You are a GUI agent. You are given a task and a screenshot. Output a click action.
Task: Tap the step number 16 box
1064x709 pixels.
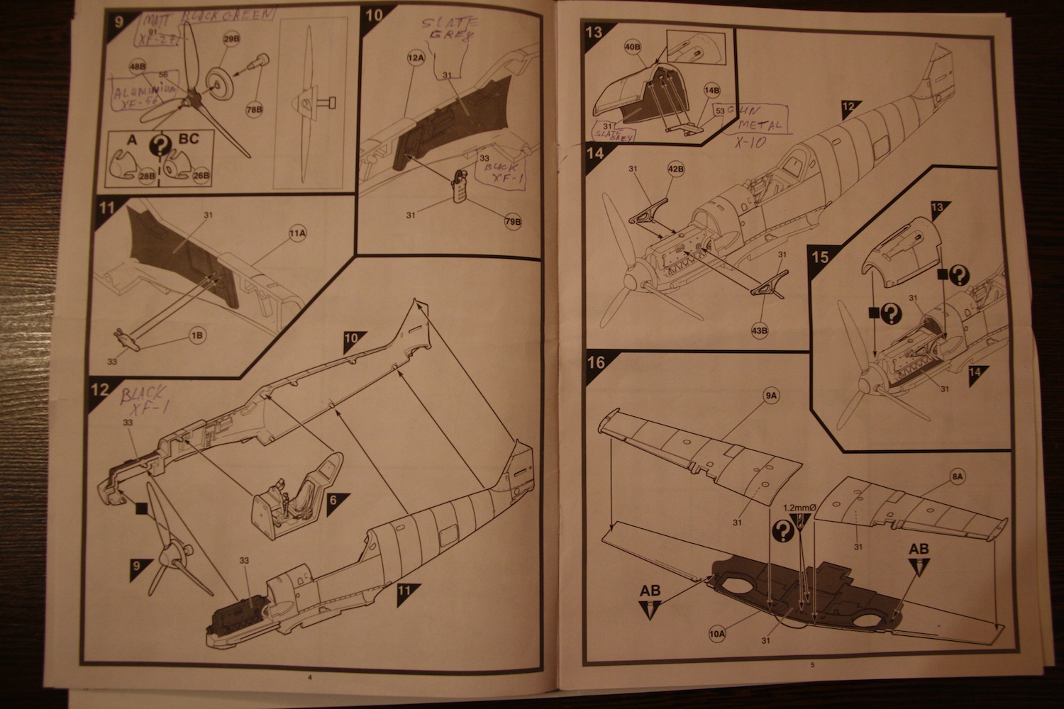(x=596, y=363)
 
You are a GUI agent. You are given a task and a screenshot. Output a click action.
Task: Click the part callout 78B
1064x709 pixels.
(x=254, y=110)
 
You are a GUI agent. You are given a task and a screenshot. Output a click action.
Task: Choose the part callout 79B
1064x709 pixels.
(x=513, y=222)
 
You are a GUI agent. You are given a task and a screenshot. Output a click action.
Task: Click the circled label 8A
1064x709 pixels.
(x=957, y=478)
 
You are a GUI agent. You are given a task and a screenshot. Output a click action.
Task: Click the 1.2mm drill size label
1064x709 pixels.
(x=800, y=508)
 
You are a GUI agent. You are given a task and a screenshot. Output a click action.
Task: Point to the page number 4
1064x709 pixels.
(x=309, y=678)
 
